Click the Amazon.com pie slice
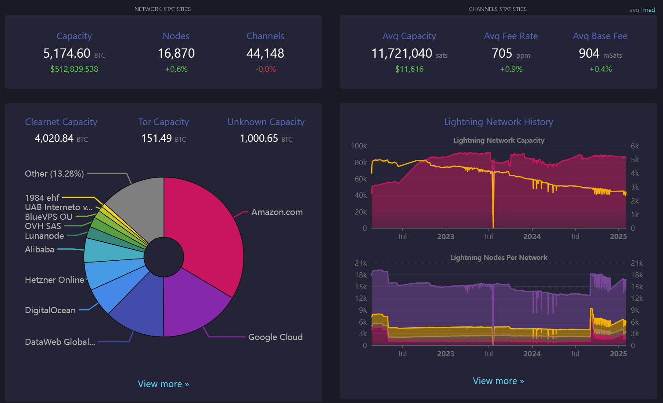pyautogui.click(x=207, y=229)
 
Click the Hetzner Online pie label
pyautogui.click(x=54, y=280)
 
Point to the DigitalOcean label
pyautogui.click(x=50, y=310)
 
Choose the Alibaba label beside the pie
pyautogui.click(x=40, y=249)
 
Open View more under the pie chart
pyautogui.click(x=163, y=384)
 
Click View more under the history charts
pyautogui.click(x=498, y=381)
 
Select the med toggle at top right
pyautogui.click(x=649, y=10)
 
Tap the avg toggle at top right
pyautogui.click(x=634, y=10)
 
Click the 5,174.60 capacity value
pyautogui.click(x=67, y=53)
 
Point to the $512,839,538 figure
pyautogui.click(x=74, y=69)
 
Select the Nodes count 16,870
pyautogui.click(x=176, y=53)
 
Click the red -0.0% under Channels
pyautogui.click(x=265, y=69)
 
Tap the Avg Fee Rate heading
pyautogui.click(x=511, y=36)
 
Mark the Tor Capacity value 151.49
pyautogui.click(x=156, y=138)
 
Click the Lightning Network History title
pyautogui.click(x=498, y=122)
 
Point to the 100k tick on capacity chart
pyautogui.click(x=359, y=146)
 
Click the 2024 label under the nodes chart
pyautogui.click(x=532, y=354)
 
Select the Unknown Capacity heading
pyautogui.click(x=266, y=122)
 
